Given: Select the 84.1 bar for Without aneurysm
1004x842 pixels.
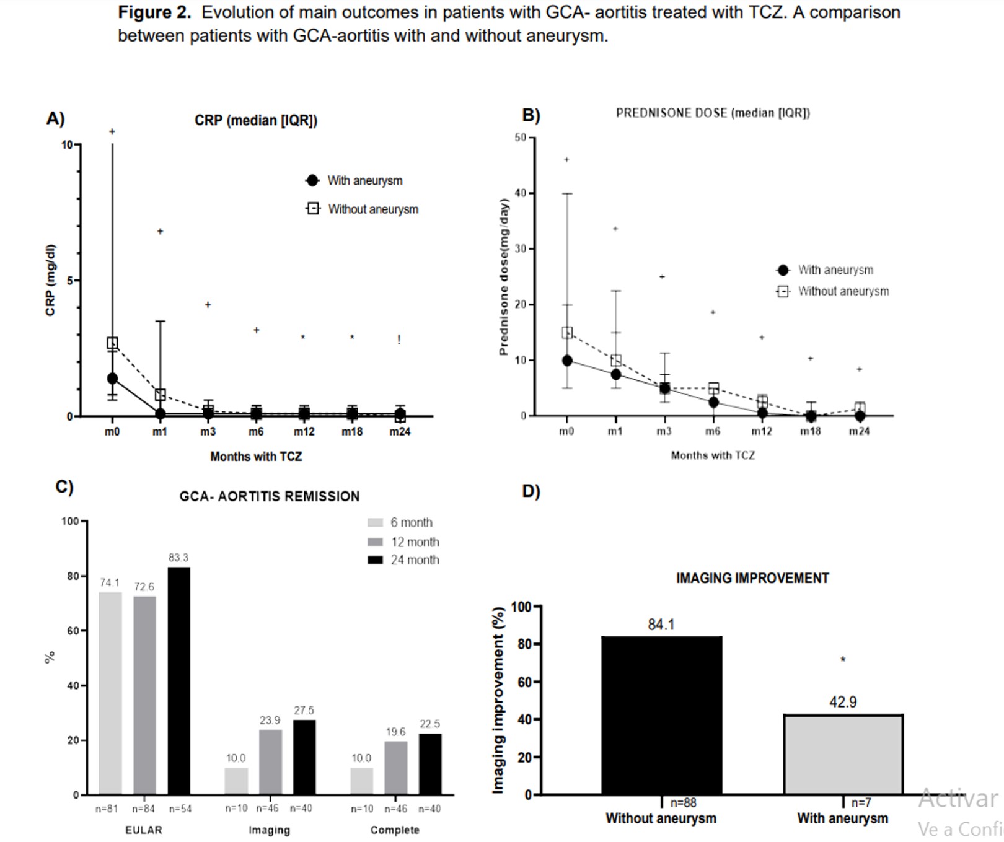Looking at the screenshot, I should [661, 715].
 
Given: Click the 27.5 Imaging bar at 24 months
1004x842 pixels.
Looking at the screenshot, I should [304, 756].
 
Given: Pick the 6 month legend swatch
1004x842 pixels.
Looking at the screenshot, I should [375, 523].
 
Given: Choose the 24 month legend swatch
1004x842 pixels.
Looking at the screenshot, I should [375, 560].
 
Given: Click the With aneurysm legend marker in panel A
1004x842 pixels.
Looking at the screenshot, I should [312, 180].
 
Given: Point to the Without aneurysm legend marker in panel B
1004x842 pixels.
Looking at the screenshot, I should [783, 291].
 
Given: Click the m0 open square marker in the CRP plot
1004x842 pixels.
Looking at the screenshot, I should [112, 343].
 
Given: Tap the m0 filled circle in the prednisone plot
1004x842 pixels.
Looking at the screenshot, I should [567, 361].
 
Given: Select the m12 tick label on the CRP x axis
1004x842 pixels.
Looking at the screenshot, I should [304, 432].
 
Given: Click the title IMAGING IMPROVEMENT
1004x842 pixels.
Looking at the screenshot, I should [752, 578].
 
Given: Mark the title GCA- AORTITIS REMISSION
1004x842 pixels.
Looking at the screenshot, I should [269, 496].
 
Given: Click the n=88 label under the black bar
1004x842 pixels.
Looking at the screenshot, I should [683, 803].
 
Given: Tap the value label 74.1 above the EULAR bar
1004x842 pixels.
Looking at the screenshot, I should [110, 582].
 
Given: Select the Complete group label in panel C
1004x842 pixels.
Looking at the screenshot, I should [395, 830].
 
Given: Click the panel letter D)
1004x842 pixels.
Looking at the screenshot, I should [531, 491].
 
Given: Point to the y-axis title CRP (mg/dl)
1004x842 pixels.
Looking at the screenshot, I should [50, 280].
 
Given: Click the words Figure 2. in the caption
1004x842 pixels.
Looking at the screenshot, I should [154, 12].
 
